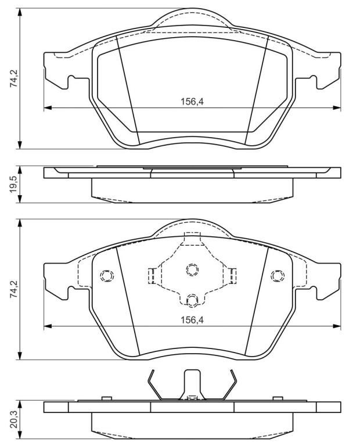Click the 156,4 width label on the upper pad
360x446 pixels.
192,102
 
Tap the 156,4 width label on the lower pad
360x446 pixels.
192,320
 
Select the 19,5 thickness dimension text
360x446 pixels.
14,185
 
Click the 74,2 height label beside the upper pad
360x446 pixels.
14,78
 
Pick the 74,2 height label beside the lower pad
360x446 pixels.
14,289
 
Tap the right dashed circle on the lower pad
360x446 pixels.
278,275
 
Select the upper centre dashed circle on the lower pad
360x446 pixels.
192,269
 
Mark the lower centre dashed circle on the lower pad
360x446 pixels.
192,300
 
